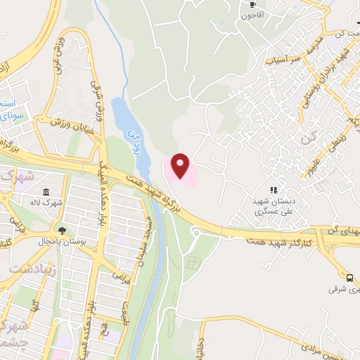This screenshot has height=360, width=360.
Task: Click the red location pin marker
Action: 181,166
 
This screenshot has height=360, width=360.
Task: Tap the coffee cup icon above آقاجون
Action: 251,4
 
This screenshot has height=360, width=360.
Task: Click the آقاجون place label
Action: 251,15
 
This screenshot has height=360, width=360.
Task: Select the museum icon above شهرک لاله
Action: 46,193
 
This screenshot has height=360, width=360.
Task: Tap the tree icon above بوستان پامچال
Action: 63,230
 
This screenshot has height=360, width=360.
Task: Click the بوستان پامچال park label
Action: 63,241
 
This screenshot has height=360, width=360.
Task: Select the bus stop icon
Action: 350,278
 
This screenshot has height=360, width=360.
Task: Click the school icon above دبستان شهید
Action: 274,189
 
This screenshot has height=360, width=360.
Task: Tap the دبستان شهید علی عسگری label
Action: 274,206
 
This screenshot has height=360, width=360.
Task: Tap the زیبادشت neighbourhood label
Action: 27,268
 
